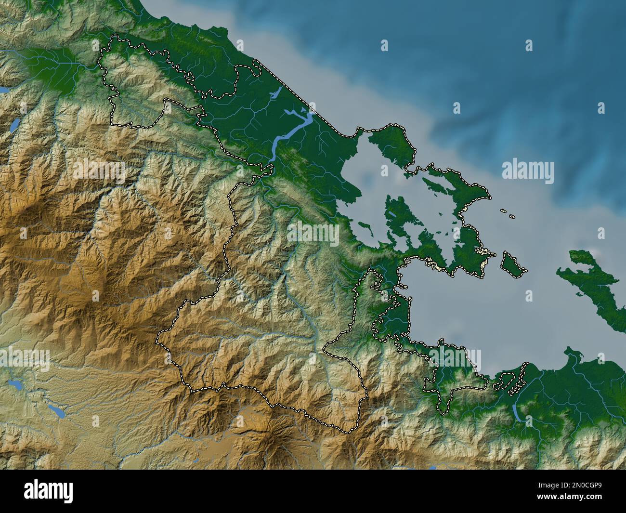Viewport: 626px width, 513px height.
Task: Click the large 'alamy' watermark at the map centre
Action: [313, 234]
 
